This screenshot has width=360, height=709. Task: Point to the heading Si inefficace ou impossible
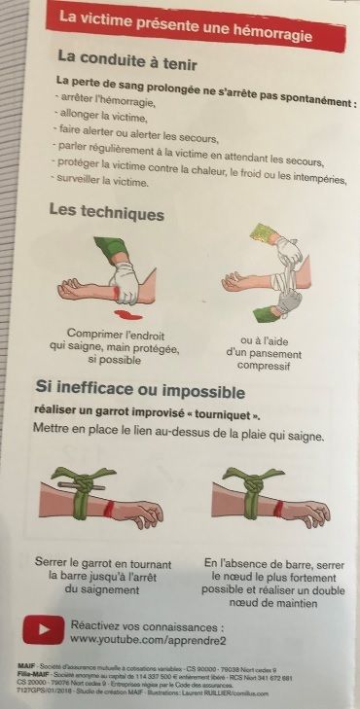[140, 392]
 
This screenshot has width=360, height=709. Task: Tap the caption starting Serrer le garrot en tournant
[103, 575]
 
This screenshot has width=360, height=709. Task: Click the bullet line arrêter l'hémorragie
[103, 99]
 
